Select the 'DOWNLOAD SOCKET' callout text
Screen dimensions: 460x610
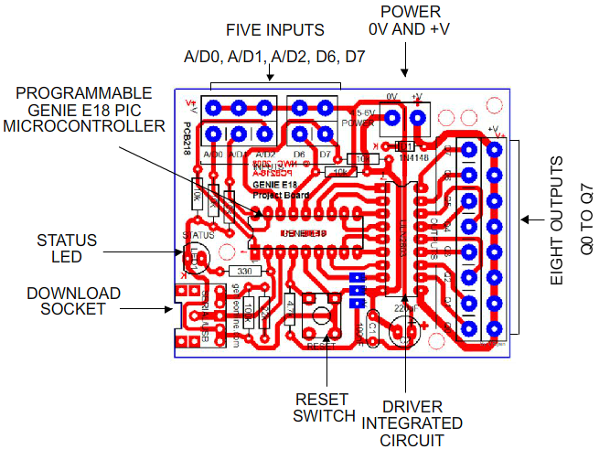73,301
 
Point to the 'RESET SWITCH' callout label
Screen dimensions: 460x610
324,407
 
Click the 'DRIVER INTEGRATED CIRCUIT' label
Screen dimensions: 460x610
412,423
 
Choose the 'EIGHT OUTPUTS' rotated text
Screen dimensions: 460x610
572,220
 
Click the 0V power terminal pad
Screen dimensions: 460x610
392,117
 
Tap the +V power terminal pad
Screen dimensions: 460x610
419,117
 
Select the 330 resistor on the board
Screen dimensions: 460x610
243,272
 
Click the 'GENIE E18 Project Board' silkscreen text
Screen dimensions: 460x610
275,187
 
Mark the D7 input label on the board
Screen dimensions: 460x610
324,155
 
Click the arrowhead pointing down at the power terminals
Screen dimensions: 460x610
405,73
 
